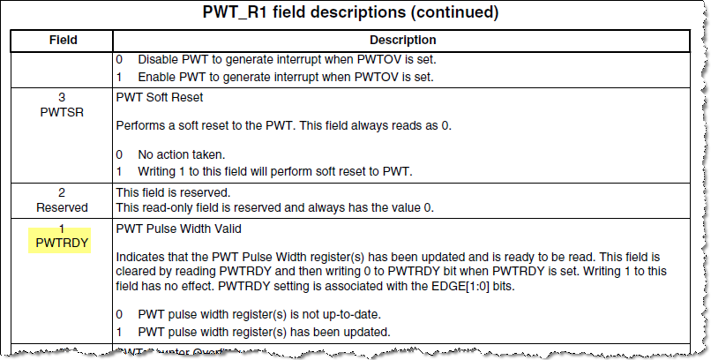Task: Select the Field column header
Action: [62, 41]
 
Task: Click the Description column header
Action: [402, 41]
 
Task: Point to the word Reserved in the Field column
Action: [62, 207]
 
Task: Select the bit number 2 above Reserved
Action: [62, 191]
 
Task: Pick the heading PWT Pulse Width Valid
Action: [180, 229]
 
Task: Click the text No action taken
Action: [182, 154]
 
